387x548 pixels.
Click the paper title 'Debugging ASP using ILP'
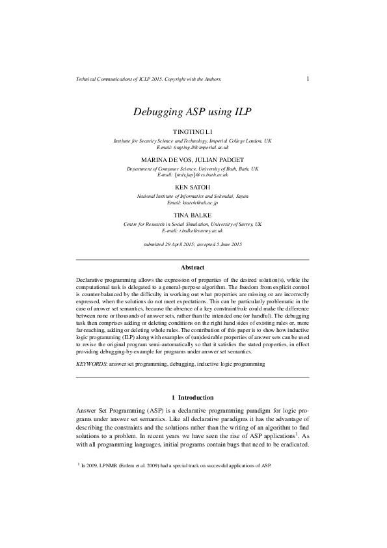(193, 111)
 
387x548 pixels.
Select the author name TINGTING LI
(193, 132)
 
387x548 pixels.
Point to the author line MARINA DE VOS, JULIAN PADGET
(193, 160)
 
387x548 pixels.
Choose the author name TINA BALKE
(193, 215)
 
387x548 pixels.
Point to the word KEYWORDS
(92, 365)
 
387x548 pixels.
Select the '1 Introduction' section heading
(193, 398)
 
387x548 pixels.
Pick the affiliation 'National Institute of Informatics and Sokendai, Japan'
(193, 196)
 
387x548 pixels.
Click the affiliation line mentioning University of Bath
(193, 169)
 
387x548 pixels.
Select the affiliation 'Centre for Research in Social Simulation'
(193, 224)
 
